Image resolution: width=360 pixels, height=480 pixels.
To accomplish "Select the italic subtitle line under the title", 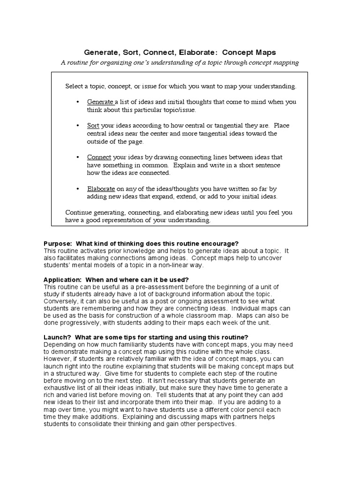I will click(x=180, y=63).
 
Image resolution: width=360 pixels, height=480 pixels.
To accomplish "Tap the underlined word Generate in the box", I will click(x=100, y=102).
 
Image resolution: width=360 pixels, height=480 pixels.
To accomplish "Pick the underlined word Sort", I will click(x=93, y=126).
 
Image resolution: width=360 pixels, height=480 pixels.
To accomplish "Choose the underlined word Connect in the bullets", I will click(x=99, y=157).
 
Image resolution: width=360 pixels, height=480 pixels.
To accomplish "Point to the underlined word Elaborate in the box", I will click(x=101, y=188).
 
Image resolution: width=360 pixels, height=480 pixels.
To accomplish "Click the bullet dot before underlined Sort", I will click(x=77, y=126).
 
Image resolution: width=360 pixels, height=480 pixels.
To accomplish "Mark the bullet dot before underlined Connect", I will click(x=77, y=157).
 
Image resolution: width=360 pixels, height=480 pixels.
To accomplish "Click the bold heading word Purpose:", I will click(x=58, y=243).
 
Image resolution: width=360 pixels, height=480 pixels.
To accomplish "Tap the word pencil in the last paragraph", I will click(x=255, y=410).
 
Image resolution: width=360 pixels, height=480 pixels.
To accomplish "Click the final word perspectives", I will click(x=216, y=424).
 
